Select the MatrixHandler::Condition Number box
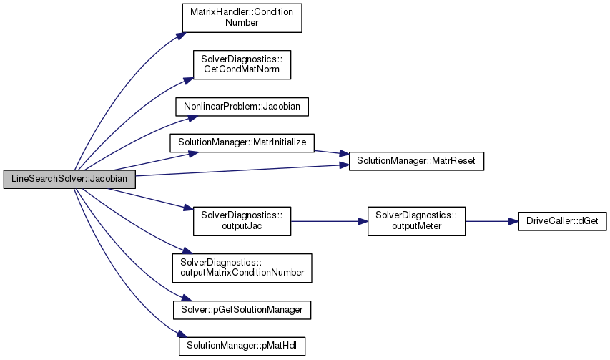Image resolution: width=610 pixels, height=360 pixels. (241, 18)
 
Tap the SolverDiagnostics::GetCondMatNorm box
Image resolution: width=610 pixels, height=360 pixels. (241, 65)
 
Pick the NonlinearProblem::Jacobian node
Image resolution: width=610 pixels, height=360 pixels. (242, 106)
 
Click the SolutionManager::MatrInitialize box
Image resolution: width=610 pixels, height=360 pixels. (242, 142)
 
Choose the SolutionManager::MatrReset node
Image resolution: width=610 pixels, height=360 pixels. (416, 162)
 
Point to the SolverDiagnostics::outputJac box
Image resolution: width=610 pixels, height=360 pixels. (242, 221)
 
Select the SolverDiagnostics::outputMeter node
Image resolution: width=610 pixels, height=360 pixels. (416, 221)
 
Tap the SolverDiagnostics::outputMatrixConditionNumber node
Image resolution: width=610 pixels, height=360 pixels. (242, 267)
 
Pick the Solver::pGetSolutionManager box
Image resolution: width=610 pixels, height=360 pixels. (242, 308)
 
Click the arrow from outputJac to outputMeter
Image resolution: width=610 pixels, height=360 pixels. (329, 222)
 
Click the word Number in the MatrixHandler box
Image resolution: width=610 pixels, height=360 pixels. (242, 23)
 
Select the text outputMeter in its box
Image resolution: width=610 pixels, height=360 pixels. (416, 227)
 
